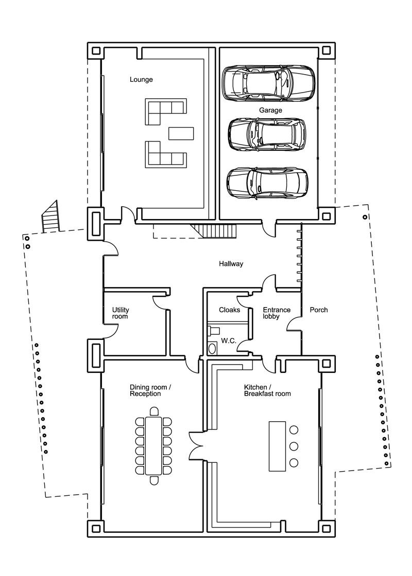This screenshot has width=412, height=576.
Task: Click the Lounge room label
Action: [x=141, y=80]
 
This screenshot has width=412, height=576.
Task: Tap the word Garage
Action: [x=270, y=110]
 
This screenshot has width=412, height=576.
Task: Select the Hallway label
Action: [x=231, y=264]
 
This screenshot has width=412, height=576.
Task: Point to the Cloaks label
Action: [x=230, y=310]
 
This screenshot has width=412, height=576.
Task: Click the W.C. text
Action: [x=229, y=341]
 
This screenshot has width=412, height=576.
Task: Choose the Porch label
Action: [x=319, y=310]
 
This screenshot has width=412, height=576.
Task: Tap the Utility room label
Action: [x=121, y=313]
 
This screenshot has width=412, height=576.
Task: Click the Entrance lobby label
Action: [x=277, y=313]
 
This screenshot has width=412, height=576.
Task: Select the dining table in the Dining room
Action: [x=154, y=445]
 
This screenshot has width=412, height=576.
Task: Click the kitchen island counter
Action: [x=278, y=446]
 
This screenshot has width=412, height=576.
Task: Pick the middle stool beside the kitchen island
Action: [x=294, y=446]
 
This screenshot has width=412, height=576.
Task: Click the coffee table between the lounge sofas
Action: [x=181, y=133]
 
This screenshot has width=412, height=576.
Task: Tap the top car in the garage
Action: [x=268, y=83]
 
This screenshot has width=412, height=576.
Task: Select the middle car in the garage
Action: [x=267, y=134]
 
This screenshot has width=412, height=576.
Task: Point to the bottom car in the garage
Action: [x=267, y=183]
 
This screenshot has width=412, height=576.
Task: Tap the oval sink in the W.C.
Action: [x=212, y=348]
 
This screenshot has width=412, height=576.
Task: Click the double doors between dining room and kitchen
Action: [x=196, y=445]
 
